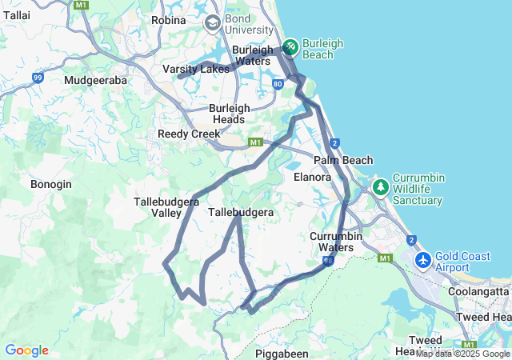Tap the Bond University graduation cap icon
[212, 22]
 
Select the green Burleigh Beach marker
[290, 48]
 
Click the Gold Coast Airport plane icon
[422, 261]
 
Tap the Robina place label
[168, 20]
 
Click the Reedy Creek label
[189, 134]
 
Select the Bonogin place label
[51, 184]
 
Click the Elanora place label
[312, 177]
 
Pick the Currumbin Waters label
[337, 242]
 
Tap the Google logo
[26, 350]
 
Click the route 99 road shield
[38, 77]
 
